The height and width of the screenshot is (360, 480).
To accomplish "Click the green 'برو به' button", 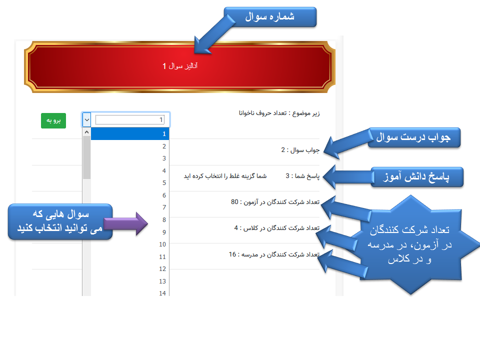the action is (53, 120).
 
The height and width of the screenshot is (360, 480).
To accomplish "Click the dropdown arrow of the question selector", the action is (87, 119).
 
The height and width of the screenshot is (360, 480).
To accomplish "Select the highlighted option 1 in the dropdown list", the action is (130, 134).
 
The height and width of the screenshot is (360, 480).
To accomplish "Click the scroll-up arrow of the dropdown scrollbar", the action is (86, 132).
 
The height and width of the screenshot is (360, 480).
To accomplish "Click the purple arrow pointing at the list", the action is (126, 224).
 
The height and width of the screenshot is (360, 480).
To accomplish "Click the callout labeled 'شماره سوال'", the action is (270, 17).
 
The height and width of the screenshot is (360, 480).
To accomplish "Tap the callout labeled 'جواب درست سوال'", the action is (414, 137).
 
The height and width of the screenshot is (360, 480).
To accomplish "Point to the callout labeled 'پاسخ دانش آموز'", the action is (417, 177).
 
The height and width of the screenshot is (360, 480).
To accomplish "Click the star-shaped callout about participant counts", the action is (410, 245).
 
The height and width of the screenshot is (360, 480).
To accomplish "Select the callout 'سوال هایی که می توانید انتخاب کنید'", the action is (60, 221).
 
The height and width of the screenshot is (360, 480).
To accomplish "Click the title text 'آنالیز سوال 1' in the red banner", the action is (180, 66).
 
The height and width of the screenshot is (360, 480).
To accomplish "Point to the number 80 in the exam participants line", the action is (234, 202).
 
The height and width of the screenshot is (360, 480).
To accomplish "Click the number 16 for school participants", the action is (232, 254).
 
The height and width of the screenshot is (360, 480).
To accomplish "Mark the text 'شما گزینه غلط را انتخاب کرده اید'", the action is (225, 176).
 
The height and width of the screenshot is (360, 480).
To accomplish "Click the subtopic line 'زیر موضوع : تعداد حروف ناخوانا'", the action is (279, 113).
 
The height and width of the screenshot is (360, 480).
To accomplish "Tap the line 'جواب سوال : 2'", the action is (300, 150).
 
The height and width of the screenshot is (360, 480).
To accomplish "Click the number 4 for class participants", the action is (236, 228).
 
